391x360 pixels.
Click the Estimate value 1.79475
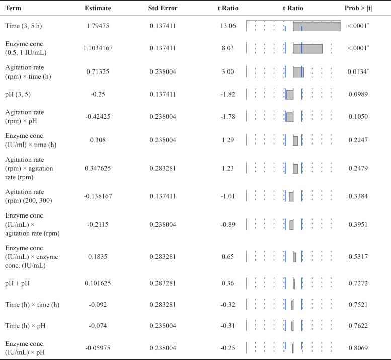tap(98, 26)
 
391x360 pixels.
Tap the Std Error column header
tap(163, 9)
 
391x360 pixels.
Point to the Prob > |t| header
tap(362, 9)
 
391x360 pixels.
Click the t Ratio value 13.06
tap(228, 26)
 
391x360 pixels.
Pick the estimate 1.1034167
tap(98, 48)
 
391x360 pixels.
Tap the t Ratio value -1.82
tap(228, 94)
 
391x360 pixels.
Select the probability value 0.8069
tap(358, 347)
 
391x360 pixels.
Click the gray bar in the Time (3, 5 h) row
tap(317, 26)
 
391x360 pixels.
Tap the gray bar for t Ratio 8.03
tap(307, 48)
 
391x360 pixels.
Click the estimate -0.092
tap(98, 305)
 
